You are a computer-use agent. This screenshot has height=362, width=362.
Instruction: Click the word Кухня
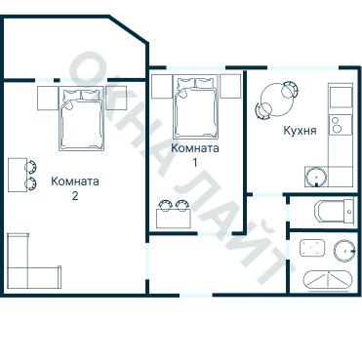[299, 130]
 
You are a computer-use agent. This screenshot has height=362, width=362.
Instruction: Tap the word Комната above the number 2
[74, 181]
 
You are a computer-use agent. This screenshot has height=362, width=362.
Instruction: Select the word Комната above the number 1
[194, 148]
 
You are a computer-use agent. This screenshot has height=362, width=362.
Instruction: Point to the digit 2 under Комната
[74, 194]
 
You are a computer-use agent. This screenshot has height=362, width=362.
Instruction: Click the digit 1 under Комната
[194, 162]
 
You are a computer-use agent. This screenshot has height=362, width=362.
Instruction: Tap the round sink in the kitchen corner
[315, 177]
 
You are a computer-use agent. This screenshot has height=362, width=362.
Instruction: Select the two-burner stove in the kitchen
[339, 125]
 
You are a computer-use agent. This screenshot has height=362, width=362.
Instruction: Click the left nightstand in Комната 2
[50, 98]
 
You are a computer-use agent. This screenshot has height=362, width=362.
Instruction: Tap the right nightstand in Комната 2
[115, 98]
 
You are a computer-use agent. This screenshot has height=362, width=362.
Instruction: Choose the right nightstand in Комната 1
[229, 87]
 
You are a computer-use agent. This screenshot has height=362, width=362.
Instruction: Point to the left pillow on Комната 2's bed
[71, 95]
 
